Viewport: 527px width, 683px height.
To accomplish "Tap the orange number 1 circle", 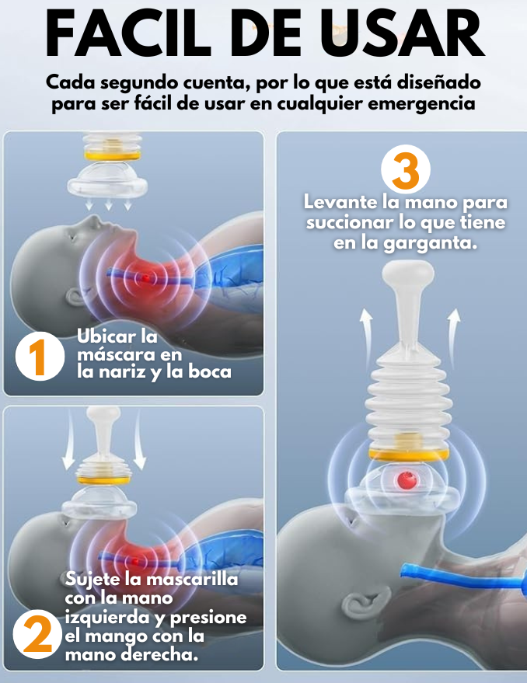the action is pyautogui.click(x=40, y=357).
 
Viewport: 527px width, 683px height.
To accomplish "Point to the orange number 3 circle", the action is pyautogui.click(x=406, y=169).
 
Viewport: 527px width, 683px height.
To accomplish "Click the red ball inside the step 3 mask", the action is pyautogui.click(x=407, y=480).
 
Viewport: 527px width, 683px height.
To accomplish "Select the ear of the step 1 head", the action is pyautogui.click(x=75, y=298).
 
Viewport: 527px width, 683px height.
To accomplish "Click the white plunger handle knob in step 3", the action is pyautogui.click(x=408, y=273).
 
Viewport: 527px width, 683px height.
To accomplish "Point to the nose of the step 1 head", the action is pyautogui.click(x=92, y=221).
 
